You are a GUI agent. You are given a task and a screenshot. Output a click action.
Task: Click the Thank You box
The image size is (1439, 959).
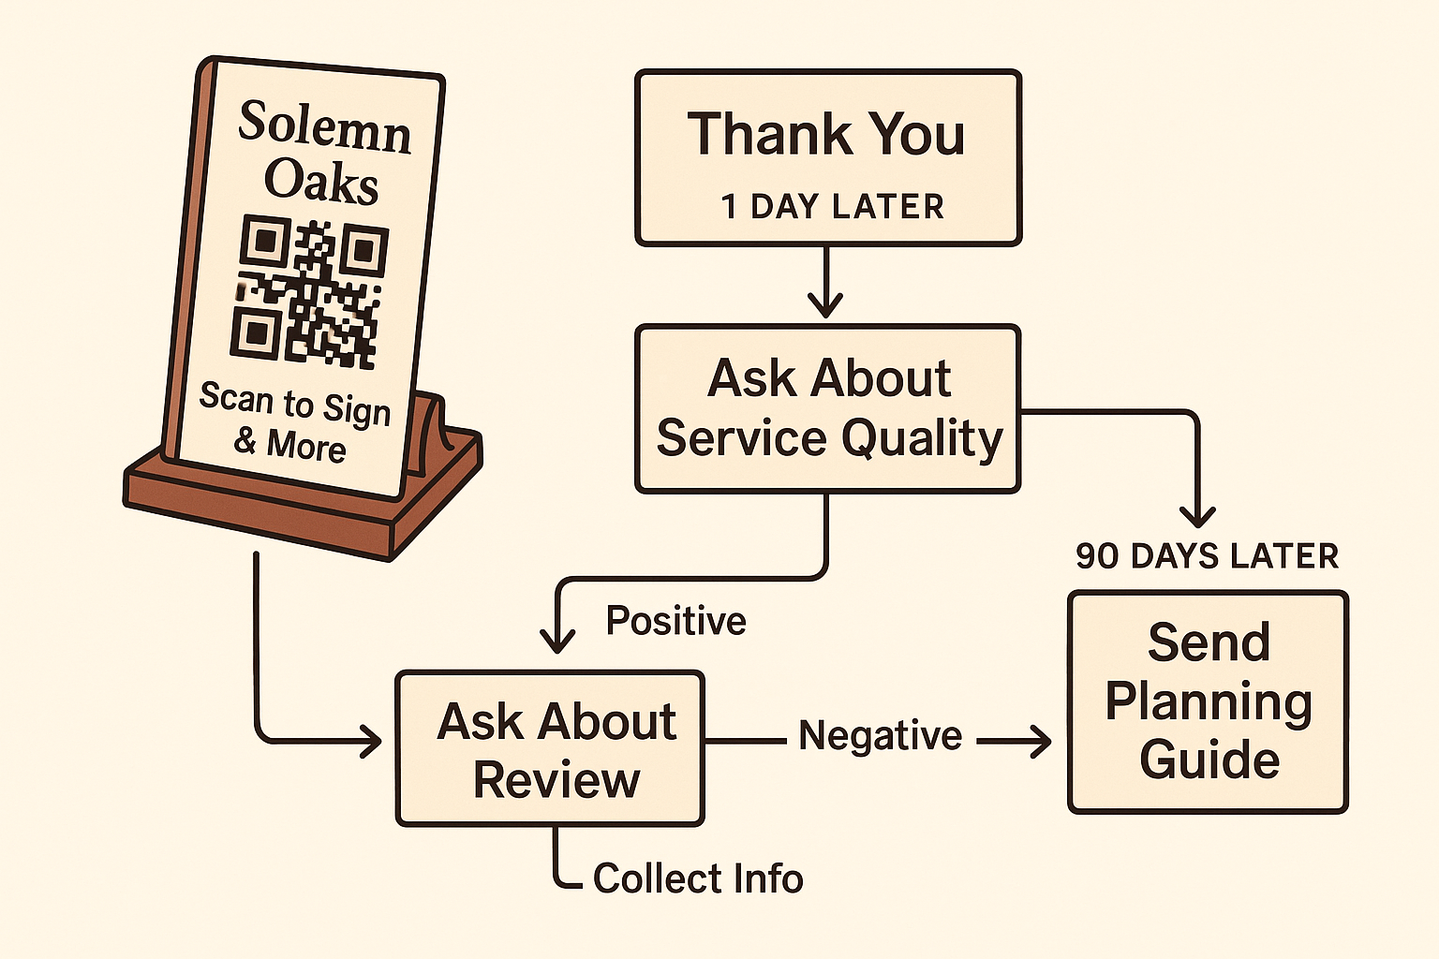(827, 157)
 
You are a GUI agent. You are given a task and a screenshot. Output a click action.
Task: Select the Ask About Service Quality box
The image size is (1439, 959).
(827, 408)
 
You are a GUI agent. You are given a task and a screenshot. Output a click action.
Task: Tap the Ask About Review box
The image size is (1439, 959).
(550, 749)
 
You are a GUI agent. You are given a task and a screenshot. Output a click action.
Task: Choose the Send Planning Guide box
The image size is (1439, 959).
(1208, 701)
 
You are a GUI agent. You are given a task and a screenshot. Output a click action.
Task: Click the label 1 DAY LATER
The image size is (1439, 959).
(832, 207)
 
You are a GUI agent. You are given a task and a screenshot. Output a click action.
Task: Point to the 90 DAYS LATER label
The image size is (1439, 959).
(1207, 556)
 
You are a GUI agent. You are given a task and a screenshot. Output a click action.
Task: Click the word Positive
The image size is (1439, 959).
(675, 621)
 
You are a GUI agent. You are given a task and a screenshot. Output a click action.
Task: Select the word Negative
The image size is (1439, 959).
(880, 736)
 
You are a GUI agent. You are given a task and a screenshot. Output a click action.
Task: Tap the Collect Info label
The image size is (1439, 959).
(698, 879)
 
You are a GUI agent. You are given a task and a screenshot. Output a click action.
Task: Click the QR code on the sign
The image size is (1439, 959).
(309, 291)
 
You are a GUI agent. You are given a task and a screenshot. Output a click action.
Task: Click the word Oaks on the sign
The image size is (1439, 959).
(320, 180)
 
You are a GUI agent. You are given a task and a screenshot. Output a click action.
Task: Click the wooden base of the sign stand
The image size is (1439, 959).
(300, 506)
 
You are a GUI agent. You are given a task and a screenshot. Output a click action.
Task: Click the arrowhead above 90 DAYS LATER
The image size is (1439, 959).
(1197, 517)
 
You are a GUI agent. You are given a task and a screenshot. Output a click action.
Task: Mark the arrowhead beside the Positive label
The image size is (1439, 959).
(557, 641)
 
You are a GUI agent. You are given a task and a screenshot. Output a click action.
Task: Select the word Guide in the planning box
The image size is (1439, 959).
(1209, 760)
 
